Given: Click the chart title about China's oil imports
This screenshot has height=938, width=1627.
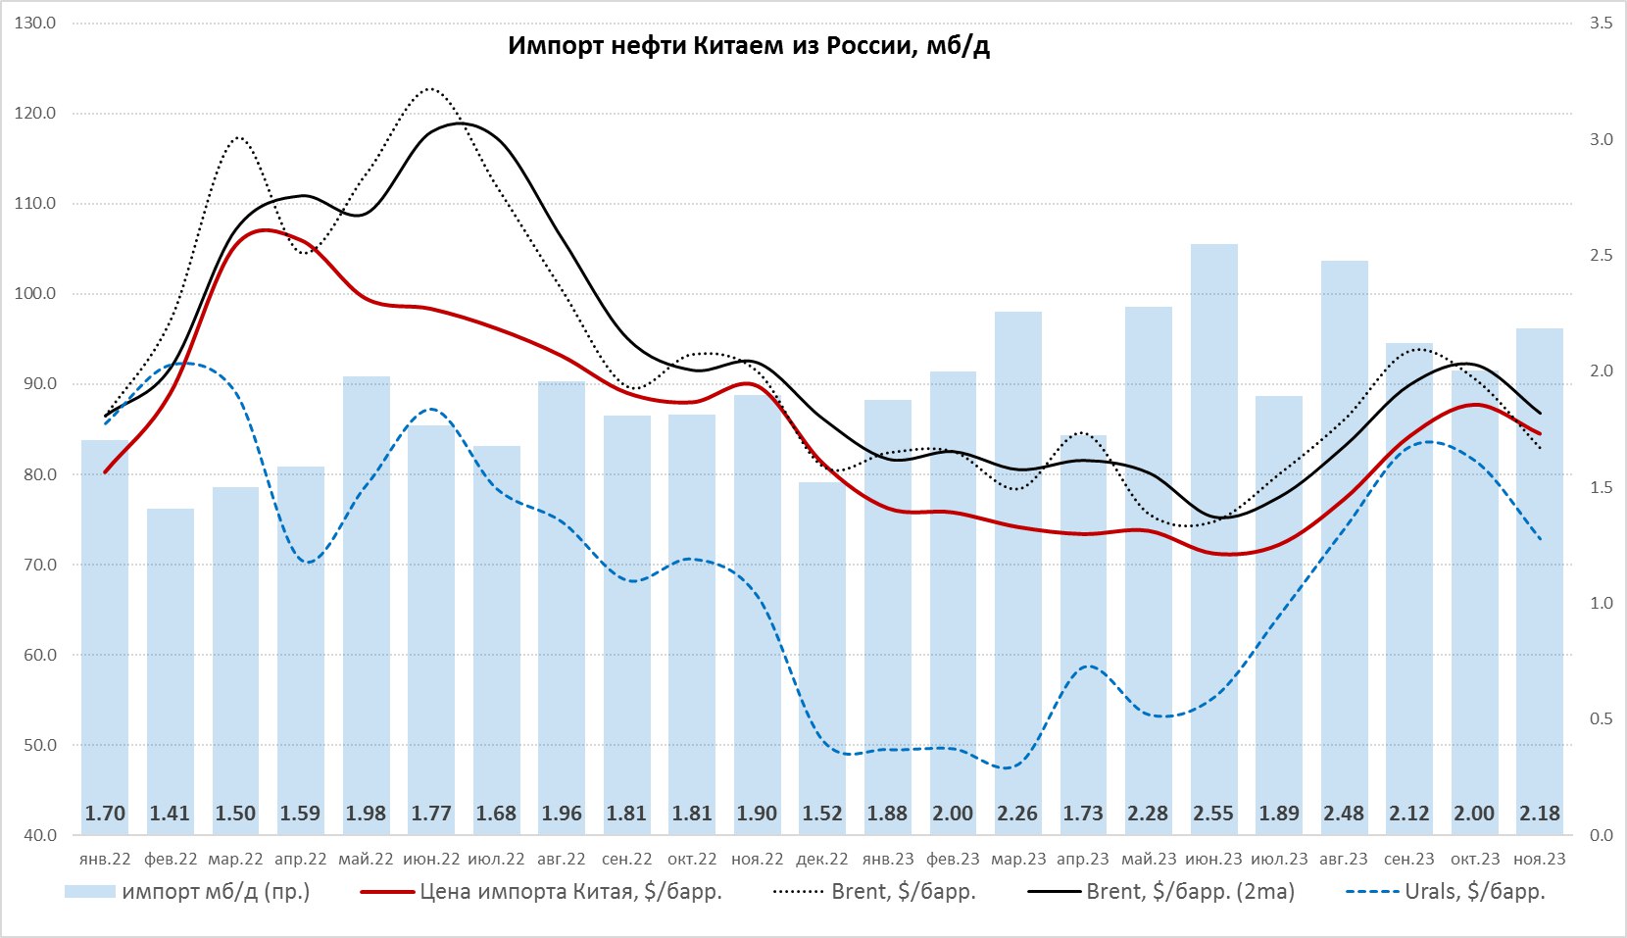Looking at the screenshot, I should tap(749, 45).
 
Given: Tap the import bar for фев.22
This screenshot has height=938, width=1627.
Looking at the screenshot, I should tap(171, 666).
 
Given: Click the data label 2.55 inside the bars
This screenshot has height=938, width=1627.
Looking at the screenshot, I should tap(1213, 814).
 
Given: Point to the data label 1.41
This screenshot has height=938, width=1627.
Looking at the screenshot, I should tap(170, 814).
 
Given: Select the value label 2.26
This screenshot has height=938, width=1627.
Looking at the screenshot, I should tap(1017, 814).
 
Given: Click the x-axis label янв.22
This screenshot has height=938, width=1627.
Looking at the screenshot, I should tap(105, 860).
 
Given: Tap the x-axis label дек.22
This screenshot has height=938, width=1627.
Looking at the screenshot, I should tap(822, 860).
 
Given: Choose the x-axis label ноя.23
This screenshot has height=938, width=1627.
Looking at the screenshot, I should tap(1540, 860).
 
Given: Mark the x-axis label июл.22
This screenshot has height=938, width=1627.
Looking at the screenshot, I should tap(496, 860).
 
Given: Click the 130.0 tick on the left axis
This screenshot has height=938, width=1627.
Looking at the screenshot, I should tap(35, 23).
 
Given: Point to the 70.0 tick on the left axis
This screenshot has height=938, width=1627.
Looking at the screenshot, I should tap(35, 565).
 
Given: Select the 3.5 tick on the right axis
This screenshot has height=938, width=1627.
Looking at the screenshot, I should tap(1601, 23).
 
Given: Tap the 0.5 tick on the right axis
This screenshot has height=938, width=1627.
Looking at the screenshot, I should tap(1601, 719).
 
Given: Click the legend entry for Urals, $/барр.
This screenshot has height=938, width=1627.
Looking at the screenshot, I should tap(1474, 892).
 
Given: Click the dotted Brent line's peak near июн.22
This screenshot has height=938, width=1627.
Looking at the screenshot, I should tap(430, 89).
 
